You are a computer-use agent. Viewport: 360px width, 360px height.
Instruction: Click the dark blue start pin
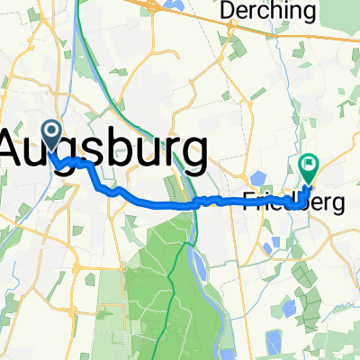[x=49, y=137]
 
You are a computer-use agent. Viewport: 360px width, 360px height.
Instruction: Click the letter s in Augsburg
[x=92, y=148]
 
